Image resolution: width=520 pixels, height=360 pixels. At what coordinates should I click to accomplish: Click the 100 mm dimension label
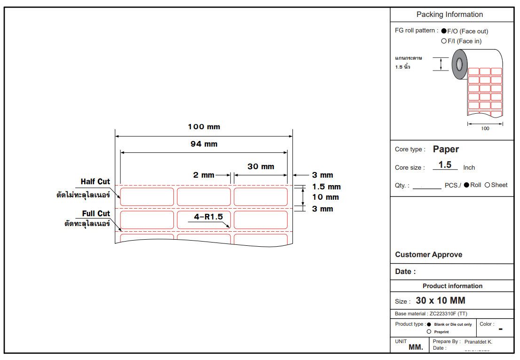pos(204,127)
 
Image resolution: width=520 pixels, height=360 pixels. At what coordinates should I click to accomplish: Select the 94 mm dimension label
pos(204,144)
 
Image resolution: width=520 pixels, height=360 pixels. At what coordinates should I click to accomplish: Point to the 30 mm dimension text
pos(260,166)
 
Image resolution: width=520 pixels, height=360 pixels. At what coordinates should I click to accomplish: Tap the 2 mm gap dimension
pos(204,175)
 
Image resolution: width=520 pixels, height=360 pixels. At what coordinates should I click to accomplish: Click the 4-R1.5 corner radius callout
pos(208,217)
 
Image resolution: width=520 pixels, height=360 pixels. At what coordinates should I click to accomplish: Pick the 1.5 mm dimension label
pos(326,187)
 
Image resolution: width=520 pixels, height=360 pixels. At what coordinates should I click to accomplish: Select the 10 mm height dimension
pos(325,197)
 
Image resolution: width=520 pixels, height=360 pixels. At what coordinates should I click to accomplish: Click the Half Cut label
pos(95,182)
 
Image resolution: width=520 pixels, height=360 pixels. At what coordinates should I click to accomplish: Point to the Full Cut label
pos(96,213)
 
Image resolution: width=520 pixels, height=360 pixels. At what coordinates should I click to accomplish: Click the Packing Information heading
pos(449,15)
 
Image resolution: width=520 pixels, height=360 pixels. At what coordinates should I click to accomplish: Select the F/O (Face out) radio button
pos(444,31)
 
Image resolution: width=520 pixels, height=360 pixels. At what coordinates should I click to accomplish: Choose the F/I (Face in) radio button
pos(444,41)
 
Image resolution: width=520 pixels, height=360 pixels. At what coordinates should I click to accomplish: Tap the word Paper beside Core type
pos(446,149)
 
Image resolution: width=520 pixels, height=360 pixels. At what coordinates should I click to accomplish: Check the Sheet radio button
pos(487,185)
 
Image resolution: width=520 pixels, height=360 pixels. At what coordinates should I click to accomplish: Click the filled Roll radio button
pos(466,185)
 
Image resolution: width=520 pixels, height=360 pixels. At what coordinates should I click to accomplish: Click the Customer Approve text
pos(428,255)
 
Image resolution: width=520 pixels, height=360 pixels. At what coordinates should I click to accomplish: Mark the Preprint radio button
pos(429,331)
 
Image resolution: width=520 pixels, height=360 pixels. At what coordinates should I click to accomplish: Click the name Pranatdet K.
pos(478,342)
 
